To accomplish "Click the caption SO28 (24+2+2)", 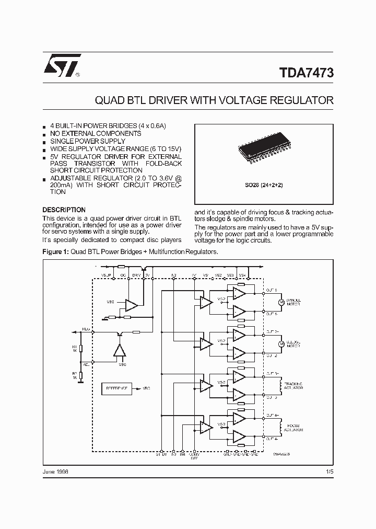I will (264, 185).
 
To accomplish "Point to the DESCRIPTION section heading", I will (64, 210).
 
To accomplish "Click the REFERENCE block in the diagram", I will (117, 389).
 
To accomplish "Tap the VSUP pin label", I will (107, 274).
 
